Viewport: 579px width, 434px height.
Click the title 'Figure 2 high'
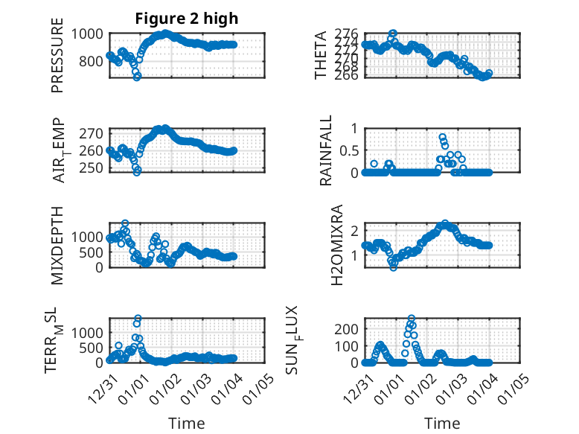pyautogui.click(x=187, y=19)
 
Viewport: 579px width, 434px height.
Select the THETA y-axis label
pyautogui.click(x=321, y=55)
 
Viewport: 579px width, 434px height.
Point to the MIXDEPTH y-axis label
pyautogui.click(x=57, y=245)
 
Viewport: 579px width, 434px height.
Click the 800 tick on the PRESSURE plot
pyautogui.click(x=94, y=61)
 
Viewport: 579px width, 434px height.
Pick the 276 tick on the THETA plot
pyautogui.click(x=347, y=33)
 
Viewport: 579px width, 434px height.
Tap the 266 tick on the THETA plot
pyautogui.click(x=347, y=74)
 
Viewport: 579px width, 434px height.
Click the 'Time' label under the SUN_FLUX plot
pyautogui.click(x=442, y=424)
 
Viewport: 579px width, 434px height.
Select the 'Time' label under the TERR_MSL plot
pyautogui.click(x=187, y=424)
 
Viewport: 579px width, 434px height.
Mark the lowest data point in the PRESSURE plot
pyautogui.click(x=137, y=77)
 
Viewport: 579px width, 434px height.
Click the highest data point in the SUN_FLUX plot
pyautogui.click(x=412, y=319)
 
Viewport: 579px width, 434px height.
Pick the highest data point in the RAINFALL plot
pyautogui.click(x=442, y=137)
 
